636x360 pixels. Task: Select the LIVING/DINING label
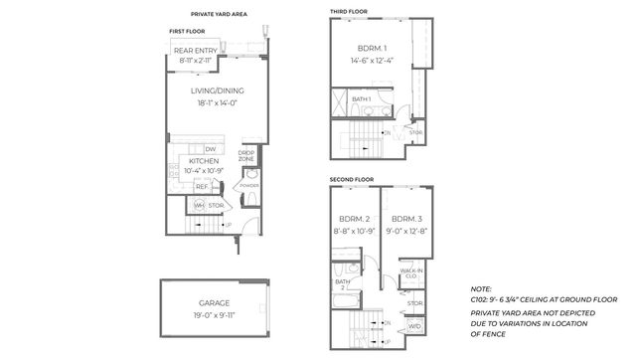(218, 90)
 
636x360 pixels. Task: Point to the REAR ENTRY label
(196, 51)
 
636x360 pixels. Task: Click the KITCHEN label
(204, 160)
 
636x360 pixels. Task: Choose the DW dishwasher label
(211, 149)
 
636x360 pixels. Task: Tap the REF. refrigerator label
(200, 186)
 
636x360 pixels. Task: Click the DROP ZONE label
(246, 156)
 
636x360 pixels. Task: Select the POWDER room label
(249, 185)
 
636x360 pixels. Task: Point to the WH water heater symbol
(199, 206)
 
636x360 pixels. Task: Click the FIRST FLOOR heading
(186, 32)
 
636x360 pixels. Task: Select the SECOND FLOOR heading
(351, 179)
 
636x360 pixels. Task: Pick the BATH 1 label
(361, 99)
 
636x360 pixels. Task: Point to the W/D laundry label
(414, 325)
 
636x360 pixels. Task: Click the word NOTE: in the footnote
(481, 288)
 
